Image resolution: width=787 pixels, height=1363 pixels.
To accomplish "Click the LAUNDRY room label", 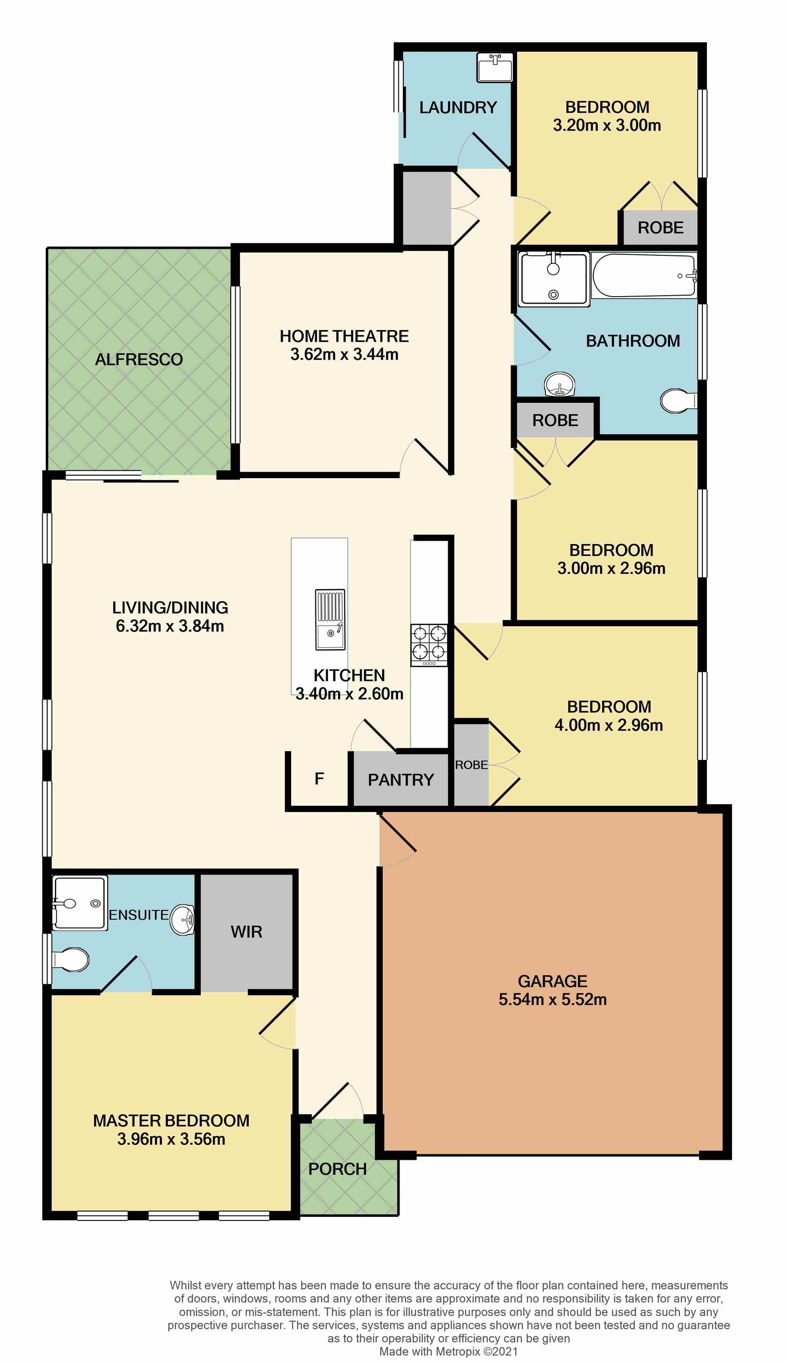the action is (458, 108).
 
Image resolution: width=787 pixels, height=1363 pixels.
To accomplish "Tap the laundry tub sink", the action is (494, 67).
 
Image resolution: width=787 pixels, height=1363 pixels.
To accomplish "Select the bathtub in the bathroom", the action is (644, 275).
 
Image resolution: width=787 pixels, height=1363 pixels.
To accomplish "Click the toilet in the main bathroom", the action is (678, 401).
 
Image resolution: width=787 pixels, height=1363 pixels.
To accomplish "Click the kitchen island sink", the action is (330, 619).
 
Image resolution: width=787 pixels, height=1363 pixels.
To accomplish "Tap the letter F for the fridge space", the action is (319, 779).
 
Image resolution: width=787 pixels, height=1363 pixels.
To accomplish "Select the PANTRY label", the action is (400, 780).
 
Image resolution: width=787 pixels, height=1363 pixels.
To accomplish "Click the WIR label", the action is (246, 932).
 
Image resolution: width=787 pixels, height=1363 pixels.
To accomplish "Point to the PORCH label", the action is (337, 1169).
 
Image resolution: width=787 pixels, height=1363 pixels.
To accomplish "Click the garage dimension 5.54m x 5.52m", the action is (552, 1000).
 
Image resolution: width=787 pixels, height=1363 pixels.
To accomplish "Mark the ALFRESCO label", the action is (139, 360).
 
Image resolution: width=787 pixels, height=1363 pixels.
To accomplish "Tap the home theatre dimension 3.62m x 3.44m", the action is (344, 355).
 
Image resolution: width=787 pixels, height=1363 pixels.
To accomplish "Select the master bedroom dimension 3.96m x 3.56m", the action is (171, 1139).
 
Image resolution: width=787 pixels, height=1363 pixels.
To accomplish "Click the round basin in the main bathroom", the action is (559, 384).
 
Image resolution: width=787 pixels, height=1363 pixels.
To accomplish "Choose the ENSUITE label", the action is (139, 915).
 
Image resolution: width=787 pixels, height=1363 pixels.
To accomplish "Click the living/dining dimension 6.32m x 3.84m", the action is (170, 626).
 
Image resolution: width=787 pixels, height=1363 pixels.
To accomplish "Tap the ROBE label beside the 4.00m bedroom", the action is (471, 765).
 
